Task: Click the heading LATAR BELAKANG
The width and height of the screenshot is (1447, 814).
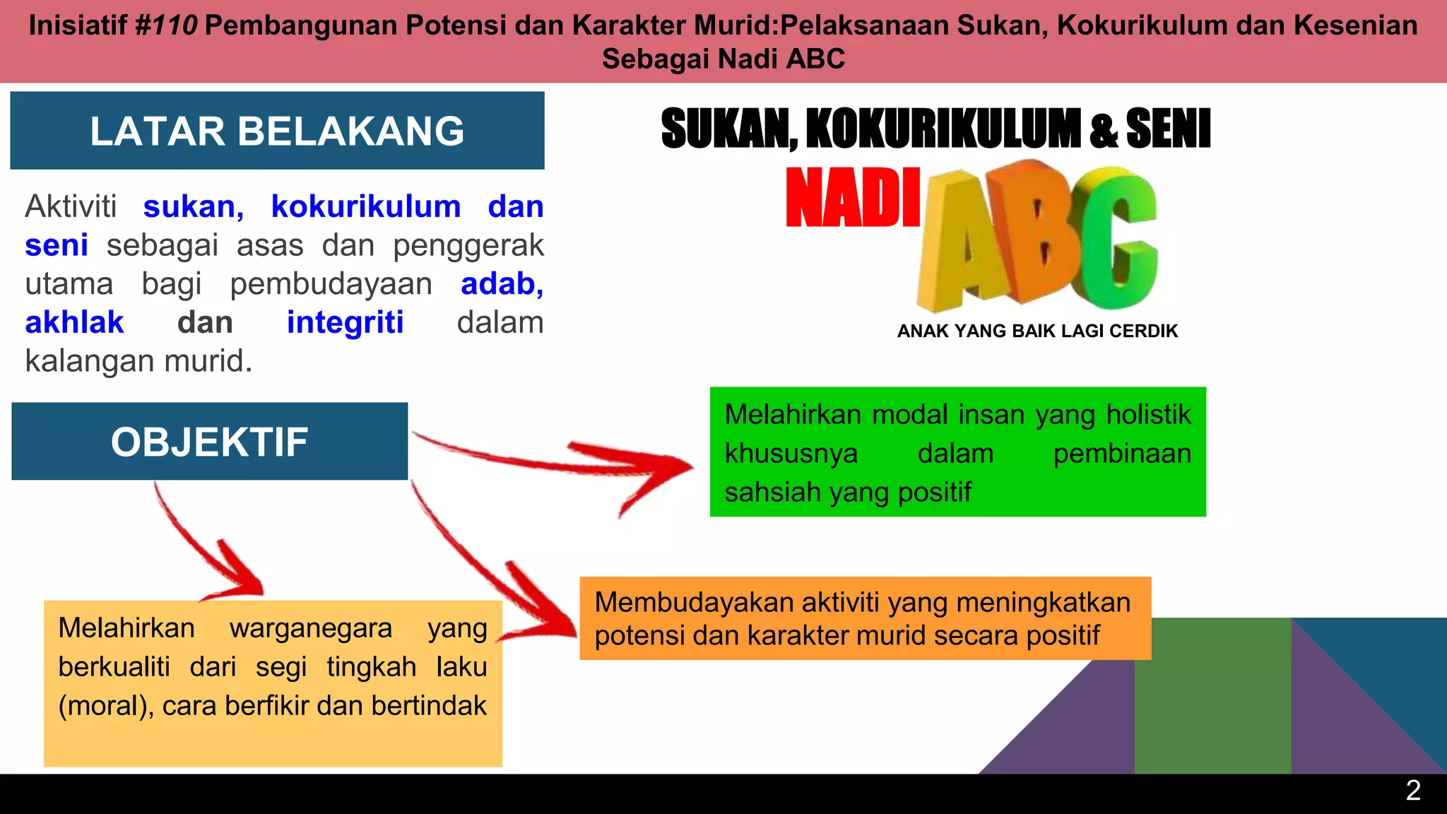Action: point(277,131)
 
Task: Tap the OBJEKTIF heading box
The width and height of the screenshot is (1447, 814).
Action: point(209,442)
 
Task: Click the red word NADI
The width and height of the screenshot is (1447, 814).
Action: point(853,199)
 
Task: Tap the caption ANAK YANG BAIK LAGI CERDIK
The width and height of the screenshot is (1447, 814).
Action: point(1037,331)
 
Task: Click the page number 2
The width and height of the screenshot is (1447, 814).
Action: point(1413,791)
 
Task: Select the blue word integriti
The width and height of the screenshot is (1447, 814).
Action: point(345,323)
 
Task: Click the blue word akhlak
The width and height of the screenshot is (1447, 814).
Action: point(74,323)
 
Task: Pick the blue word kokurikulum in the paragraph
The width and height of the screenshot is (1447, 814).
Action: point(365,207)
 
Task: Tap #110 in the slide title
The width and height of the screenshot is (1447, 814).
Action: point(165,26)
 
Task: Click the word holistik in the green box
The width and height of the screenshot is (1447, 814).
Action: point(1148,415)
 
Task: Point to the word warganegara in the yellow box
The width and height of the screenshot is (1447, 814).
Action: point(310,628)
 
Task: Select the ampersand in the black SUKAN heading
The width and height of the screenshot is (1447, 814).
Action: point(1104,130)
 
